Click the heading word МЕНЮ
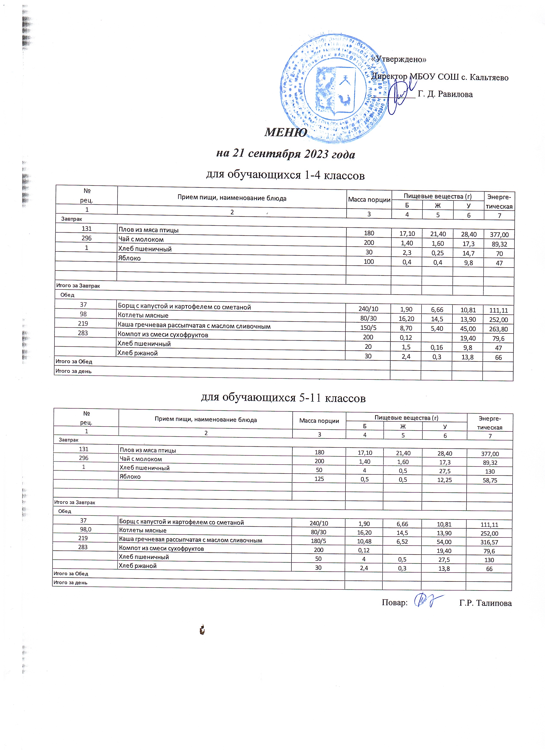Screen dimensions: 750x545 click(x=286, y=132)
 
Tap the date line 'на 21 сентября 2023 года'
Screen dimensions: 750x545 click(x=286, y=154)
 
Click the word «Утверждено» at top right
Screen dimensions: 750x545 click(x=399, y=59)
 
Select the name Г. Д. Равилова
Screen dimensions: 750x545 click(x=445, y=94)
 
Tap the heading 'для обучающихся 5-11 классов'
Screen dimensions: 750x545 click(x=283, y=397)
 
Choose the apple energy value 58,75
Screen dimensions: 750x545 click(x=490, y=480)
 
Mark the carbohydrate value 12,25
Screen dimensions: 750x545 click(x=445, y=480)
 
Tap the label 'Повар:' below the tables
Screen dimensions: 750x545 click(x=394, y=602)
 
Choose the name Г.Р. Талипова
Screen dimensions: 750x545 click(x=485, y=603)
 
